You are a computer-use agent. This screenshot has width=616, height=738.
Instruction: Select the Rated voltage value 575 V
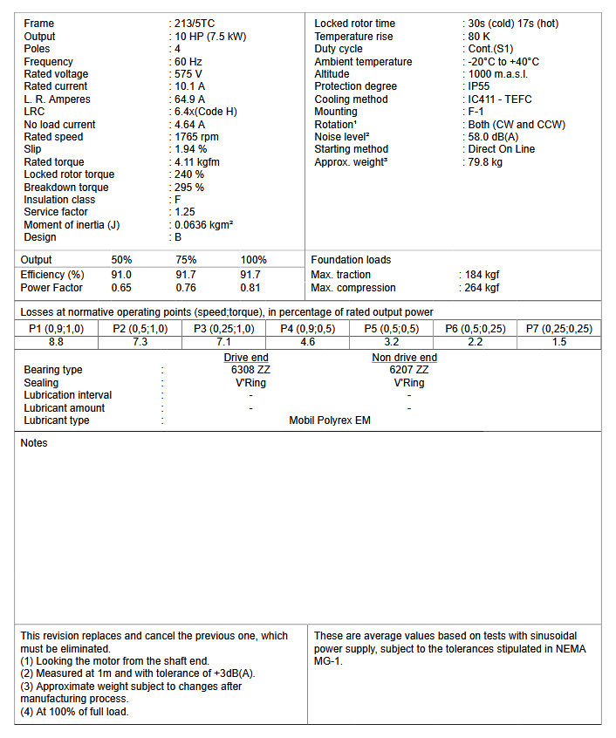coord(188,74)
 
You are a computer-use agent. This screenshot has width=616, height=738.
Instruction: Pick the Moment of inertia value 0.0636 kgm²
coord(203,225)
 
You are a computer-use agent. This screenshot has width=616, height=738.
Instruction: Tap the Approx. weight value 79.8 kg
coord(485,162)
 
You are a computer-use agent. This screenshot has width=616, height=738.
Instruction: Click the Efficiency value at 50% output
coord(121,275)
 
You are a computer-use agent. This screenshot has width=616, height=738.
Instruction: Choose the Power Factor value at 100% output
coord(250,288)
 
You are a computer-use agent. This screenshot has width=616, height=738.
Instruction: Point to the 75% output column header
coord(186,260)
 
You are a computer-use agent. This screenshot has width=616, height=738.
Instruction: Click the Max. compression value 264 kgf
coord(482,288)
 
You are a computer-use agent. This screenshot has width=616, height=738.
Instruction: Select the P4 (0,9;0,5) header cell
coord(308,329)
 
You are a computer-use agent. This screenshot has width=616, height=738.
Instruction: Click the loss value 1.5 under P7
coord(559,342)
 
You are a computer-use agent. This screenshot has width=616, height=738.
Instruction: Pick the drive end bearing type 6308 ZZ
coord(245,370)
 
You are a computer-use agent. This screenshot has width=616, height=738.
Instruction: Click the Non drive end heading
coord(404,358)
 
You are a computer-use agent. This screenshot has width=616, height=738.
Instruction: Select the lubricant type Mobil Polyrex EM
coord(330,420)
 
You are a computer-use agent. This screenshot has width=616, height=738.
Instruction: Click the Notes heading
coord(34,443)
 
